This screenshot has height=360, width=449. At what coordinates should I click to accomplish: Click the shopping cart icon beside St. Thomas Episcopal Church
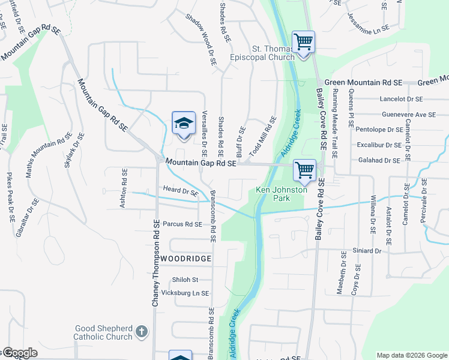point(304,43)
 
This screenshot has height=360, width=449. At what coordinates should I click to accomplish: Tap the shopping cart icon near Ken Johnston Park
point(304,170)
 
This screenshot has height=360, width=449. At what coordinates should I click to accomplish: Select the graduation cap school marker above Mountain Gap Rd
point(184,124)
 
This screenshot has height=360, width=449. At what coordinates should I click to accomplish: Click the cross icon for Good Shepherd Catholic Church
point(142,331)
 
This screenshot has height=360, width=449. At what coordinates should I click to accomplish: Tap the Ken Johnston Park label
point(282,194)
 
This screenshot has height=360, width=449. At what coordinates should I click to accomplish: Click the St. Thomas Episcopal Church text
point(264,53)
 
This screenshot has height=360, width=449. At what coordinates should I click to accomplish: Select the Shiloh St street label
point(185,280)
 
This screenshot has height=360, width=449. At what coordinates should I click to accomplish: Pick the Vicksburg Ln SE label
point(185,293)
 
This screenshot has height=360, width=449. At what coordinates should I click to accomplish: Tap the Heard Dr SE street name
point(180,192)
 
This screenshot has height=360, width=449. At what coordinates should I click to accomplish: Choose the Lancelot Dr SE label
point(401,99)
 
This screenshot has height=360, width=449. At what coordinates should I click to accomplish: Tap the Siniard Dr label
point(367,251)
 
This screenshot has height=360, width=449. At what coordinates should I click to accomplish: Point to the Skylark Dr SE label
point(76,151)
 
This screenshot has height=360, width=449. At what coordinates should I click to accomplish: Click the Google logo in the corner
point(19,353)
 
